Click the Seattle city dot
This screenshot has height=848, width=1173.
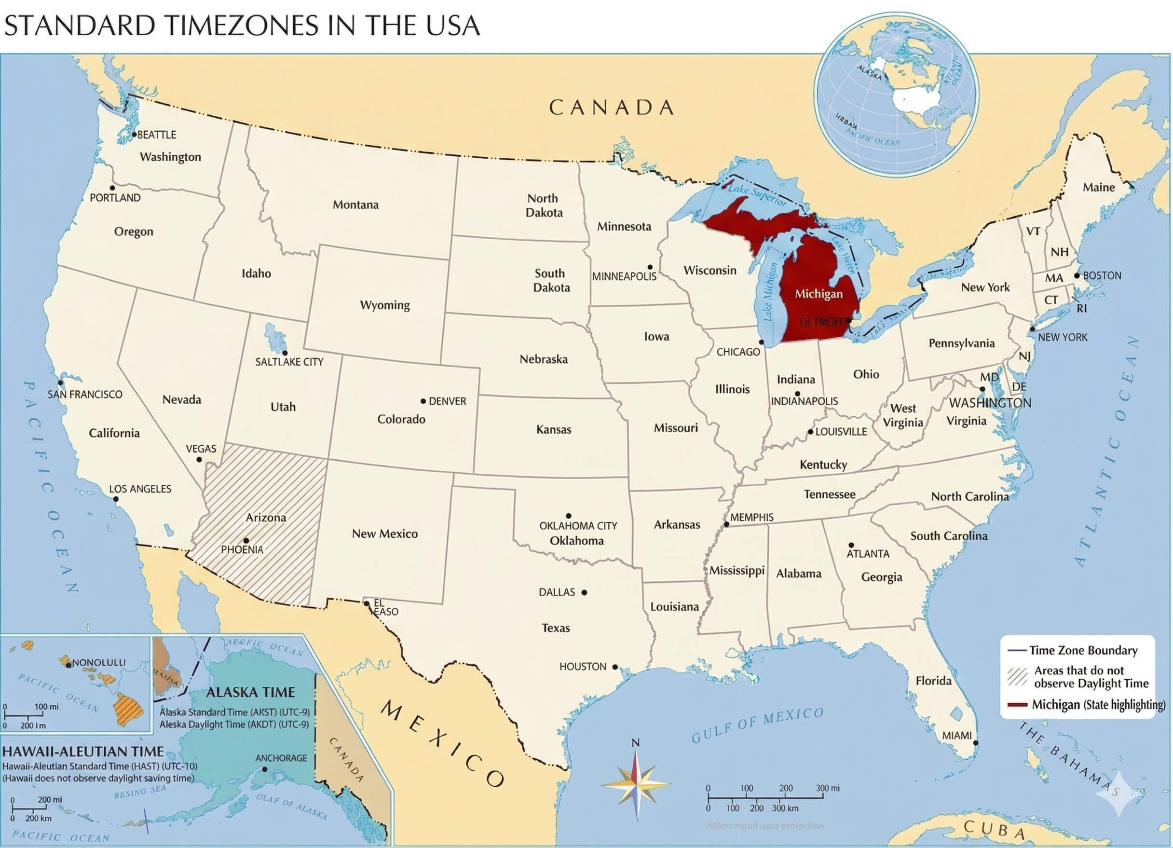click(x=134, y=135)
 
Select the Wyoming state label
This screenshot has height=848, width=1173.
click(x=385, y=305)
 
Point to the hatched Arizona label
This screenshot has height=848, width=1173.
click(x=265, y=518)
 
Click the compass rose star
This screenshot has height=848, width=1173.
click(x=637, y=785)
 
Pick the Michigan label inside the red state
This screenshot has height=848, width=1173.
click(x=818, y=294)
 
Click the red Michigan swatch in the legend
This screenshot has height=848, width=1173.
click(x=1017, y=705)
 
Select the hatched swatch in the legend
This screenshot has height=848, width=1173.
click(x=1017, y=677)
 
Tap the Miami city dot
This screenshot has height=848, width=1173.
click(x=975, y=743)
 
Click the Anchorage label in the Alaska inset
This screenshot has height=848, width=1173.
click(x=281, y=758)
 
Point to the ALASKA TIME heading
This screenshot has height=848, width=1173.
click(x=250, y=692)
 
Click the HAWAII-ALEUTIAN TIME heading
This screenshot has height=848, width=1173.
click(x=83, y=752)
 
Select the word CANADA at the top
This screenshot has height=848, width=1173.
click(x=611, y=108)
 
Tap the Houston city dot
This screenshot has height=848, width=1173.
click(x=615, y=667)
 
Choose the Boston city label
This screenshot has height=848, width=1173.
click(x=1102, y=276)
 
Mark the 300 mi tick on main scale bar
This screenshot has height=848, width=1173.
click(x=823, y=797)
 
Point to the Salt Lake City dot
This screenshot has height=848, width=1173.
click(x=285, y=353)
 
